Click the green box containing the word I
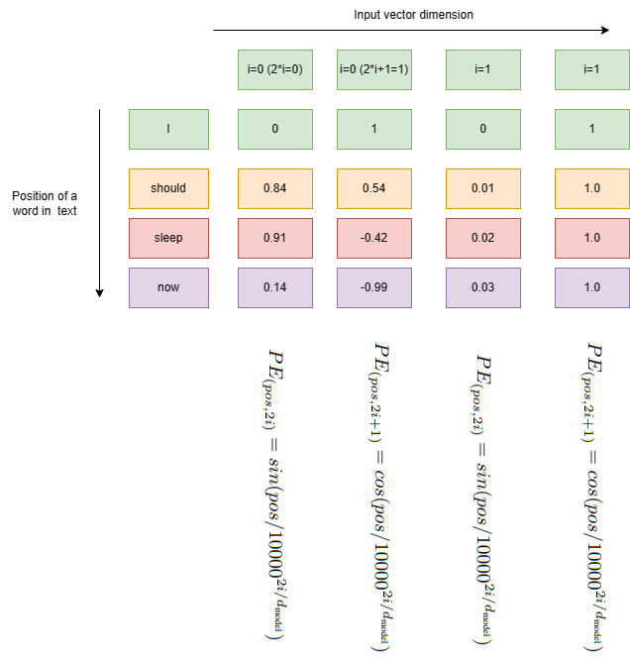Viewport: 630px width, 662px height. coord(168,129)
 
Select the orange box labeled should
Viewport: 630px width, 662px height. coord(168,188)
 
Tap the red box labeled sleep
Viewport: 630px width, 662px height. coord(168,238)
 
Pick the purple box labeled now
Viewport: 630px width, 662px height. coord(168,286)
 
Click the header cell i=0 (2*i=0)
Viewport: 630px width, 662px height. coord(275,69)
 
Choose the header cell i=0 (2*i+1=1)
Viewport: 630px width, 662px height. coord(375,69)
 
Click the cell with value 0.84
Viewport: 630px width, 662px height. coord(275,188)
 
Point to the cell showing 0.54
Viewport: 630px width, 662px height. coord(375,188)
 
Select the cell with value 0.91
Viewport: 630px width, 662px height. coord(275,238)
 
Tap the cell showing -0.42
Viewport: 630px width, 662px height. coord(375,238)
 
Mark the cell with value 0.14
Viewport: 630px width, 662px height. coord(275,286)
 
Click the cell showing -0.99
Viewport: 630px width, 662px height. coord(375,286)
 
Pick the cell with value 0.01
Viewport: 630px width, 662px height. coord(482,188)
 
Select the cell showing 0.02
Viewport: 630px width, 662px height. coord(482,238)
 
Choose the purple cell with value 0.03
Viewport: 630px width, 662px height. coord(482,286)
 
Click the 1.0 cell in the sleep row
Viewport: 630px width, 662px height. coord(591,238)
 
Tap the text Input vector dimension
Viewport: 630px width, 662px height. coord(413,15)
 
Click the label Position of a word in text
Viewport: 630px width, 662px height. coord(45,202)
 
